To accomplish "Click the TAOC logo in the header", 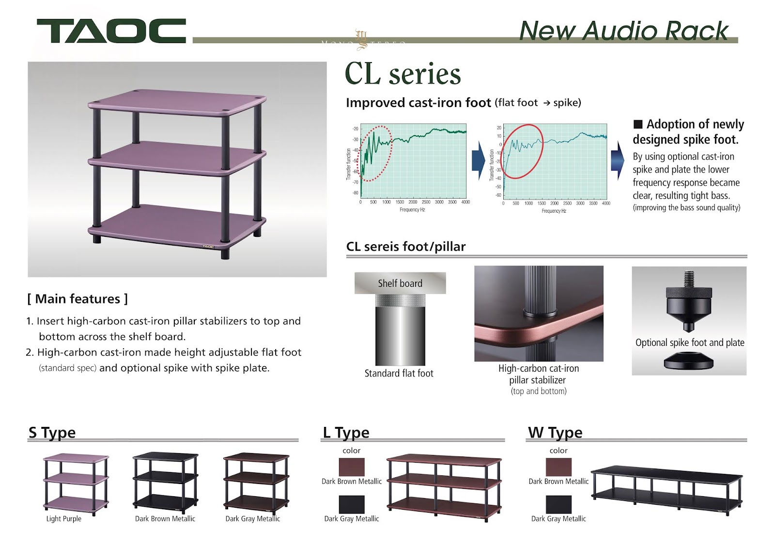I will (111, 31).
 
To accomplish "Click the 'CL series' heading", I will (403, 74).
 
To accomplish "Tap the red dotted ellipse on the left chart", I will (374, 154).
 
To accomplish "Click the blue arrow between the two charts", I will (478, 161).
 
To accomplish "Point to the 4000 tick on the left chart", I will (465, 202).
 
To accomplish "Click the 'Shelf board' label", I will (400, 283).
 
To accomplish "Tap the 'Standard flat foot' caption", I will (399, 373).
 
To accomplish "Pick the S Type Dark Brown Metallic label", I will (165, 518).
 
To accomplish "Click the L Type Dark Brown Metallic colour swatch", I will (352, 467).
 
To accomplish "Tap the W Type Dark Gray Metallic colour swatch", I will (558, 504).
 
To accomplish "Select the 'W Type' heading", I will (555, 432).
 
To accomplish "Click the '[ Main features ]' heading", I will (77, 299).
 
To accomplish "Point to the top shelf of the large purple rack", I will (177, 102).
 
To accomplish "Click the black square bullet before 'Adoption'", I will (638, 125).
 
